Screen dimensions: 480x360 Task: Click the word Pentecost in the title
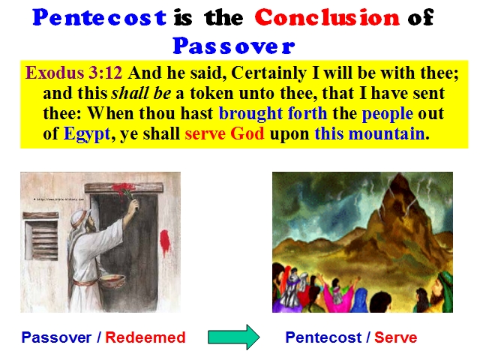point(100,18)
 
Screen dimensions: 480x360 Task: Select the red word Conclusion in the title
point(327,17)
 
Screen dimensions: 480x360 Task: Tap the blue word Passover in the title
point(234,46)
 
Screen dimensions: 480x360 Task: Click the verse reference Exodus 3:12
point(73,73)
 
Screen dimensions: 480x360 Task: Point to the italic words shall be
point(141,93)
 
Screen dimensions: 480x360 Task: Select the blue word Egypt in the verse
point(87,134)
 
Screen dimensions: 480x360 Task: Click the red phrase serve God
point(224,133)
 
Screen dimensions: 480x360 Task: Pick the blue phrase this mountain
point(370,133)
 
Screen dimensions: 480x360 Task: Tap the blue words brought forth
point(273,114)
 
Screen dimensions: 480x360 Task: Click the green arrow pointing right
point(234,337)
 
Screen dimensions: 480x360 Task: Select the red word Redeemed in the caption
point(145,337)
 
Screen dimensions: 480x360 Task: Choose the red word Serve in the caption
point(395,337)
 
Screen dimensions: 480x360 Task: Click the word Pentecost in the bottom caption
point(323,337)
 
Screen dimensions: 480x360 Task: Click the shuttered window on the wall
point(41,236)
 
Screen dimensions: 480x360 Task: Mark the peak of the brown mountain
point(399,173)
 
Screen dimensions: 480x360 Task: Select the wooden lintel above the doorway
point(124,187)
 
